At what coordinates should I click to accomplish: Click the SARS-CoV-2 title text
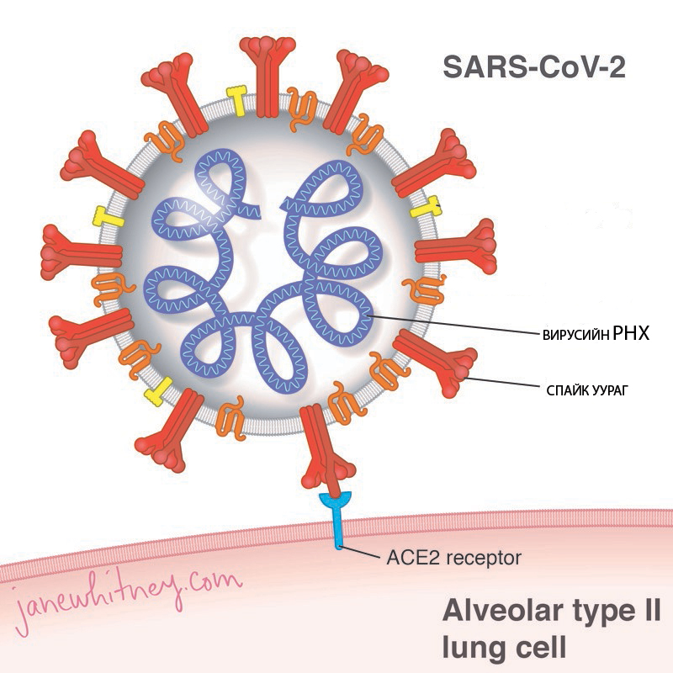[x=534, y=67]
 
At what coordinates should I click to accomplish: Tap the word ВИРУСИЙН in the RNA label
[x=575, y=335]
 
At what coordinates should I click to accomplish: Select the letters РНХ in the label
[x=631, y=333]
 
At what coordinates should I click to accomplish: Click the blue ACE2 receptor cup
[x=336, y=500]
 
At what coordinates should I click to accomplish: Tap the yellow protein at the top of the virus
[x=237, y=100]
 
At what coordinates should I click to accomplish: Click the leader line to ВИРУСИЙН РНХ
[x=454, y=325]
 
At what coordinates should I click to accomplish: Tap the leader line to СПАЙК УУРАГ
[x=502, y=383]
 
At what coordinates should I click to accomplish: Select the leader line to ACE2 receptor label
[x=359, y=553]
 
